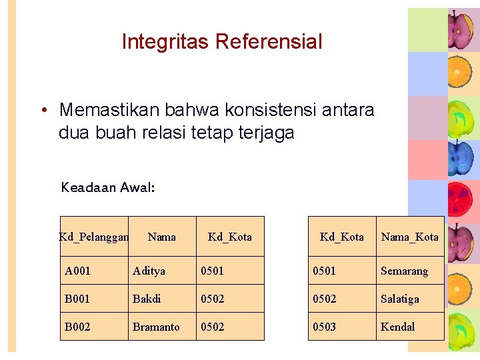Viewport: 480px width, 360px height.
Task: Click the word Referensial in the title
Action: click(269, 42)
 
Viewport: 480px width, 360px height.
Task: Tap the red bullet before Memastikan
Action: click(42, 110)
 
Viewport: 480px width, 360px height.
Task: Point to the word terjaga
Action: click(265, 133)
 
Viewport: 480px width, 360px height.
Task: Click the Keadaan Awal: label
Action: click(108, 187)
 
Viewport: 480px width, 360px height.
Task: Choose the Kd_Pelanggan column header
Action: click(93, 237)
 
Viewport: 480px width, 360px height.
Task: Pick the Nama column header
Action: click(162, 237)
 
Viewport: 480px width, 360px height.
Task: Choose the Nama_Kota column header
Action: click(409, 237)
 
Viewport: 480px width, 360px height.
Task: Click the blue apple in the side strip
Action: click(460, 157)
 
